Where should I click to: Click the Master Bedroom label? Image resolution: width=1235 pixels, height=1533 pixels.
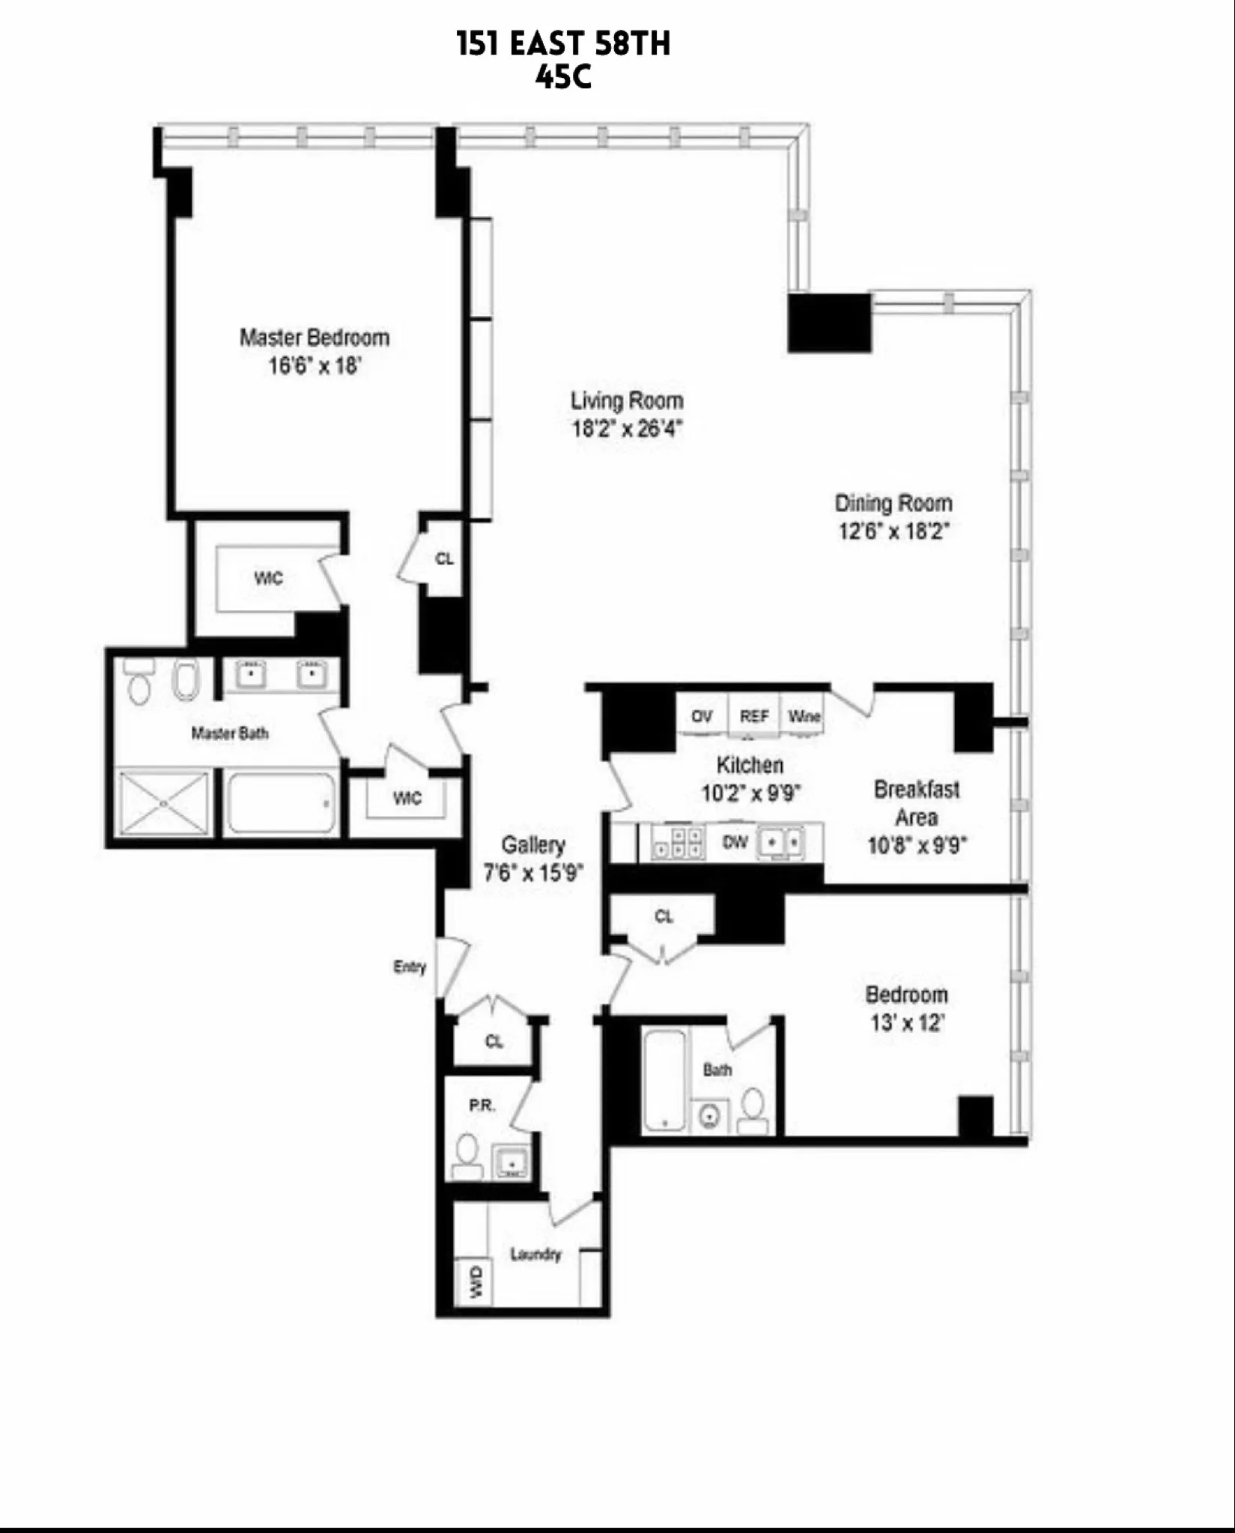[x=315, y=338]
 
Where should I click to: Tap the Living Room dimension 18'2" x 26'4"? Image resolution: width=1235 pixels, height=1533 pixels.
[x=627, y=429]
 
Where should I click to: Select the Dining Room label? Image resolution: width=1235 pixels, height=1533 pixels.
[x=893, y=503]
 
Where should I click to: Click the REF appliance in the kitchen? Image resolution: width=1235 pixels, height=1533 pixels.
[x=754, y=716]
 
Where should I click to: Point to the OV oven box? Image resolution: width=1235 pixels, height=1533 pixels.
[x=702, y=716]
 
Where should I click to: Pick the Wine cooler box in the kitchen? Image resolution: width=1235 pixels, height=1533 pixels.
[x=804, y=716]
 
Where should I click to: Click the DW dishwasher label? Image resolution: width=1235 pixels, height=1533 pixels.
[x=735, y=842]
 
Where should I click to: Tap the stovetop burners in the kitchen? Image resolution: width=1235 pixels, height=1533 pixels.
[x=678, y=843]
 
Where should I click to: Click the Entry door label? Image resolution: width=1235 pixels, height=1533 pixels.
[x=410, y=966]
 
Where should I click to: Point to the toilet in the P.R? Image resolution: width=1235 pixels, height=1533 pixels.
[x=468, y=1157]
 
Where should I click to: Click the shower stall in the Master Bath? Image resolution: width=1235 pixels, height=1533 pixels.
[x=165, y=802]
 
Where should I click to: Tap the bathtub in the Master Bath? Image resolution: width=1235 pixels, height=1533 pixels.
[x=281, y=804]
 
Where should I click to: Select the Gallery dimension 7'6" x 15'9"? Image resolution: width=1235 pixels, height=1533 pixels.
[x=533, y=873]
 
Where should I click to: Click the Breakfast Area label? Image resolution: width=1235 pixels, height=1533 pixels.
[x=917, y=803]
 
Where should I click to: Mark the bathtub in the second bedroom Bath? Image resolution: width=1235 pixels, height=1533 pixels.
[x=665, y=1081]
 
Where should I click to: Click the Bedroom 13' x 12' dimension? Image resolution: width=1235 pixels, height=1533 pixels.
[x=907, y=1022]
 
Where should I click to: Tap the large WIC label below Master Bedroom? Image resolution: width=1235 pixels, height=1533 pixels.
[x=268, y=579]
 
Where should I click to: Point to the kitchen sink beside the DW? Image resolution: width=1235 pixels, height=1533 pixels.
[x=782, y=843]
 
